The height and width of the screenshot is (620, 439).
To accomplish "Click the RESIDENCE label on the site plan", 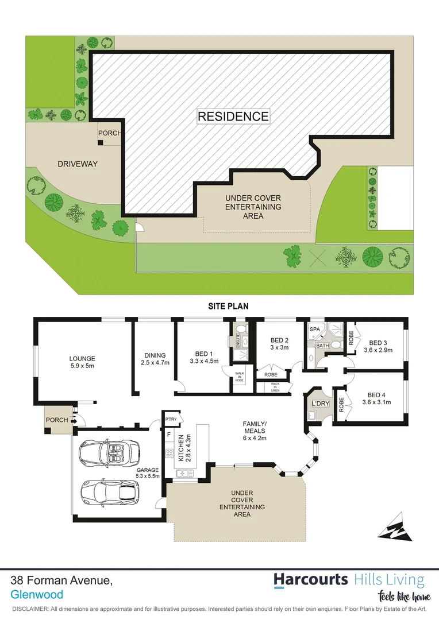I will point(233,117).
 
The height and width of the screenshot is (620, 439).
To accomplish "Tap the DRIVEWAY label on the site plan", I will point(78,164).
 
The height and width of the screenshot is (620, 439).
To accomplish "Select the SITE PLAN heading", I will point(228,307).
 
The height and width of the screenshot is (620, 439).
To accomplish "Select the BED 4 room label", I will point(377,395).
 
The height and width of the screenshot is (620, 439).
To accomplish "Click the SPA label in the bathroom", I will point(314,330).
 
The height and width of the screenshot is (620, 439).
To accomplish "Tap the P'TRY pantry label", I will point(171,419).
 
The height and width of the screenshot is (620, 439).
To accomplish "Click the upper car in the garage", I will point(109,454).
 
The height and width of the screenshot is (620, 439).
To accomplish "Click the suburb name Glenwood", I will point(37,595).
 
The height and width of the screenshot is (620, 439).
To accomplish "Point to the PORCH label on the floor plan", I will point(56,420).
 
